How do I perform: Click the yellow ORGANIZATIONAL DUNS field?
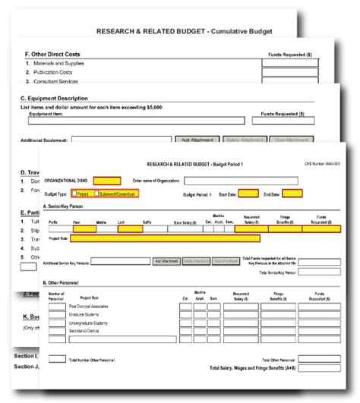[x=106, y=181]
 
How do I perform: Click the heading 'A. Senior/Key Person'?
[x=65, y=206]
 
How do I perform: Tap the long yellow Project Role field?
[x=166, y=238]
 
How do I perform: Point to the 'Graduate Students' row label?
[x=85, y=313]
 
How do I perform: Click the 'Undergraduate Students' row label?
[x=89, y=323]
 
